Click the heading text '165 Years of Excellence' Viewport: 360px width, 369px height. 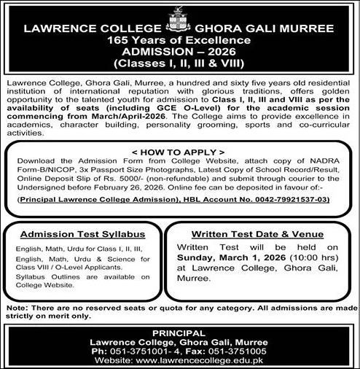[x=180, y=41]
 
